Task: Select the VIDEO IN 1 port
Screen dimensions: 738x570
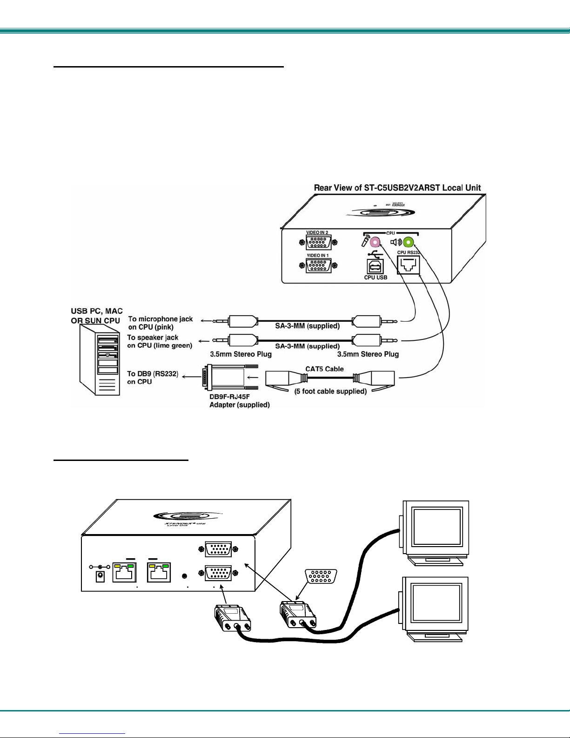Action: (x=318, y=266)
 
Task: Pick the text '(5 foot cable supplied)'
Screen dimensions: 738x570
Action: (x=330, y=391)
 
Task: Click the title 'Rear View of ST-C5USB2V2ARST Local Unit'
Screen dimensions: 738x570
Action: (x=397, y=188)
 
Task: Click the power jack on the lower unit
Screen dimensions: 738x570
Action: (x=100, y=576)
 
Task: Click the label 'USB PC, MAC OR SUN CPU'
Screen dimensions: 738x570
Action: (x=97, y=315)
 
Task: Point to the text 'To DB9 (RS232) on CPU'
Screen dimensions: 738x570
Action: (x=152, y=378)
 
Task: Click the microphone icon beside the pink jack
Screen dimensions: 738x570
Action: (x=366, y=242)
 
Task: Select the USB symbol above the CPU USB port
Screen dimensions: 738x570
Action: (x=375, y=254)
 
